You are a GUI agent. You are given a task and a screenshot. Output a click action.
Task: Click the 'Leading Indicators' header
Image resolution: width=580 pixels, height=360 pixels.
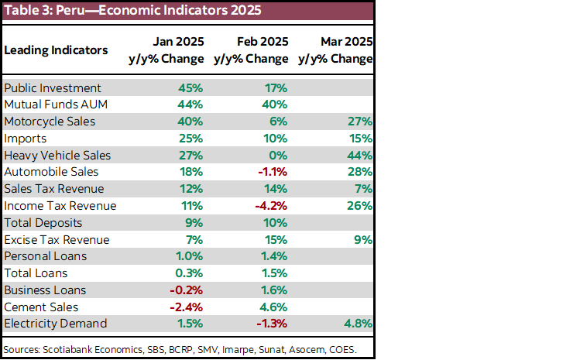click(x=56, y=50)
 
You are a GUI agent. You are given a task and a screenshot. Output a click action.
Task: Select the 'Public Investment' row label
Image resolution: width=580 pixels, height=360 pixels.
click(x=53, y=88)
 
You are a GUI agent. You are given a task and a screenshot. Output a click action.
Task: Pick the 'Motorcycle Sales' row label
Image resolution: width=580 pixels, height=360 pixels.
click(x=50, y=122)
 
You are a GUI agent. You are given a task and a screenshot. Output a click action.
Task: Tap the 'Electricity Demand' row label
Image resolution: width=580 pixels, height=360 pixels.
click(x=56, y=324)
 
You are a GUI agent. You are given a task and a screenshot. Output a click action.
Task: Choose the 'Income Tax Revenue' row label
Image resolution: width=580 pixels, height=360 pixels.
click(x=60, y=206)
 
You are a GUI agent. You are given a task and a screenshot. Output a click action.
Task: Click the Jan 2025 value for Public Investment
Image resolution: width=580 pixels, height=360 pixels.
click(x=190, y=88)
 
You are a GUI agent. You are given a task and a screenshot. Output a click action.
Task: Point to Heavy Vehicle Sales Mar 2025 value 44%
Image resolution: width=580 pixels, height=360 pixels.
click(x=360, y=156)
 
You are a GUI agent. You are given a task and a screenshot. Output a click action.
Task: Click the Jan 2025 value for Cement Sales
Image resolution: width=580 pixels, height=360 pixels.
click(x=186, y=307)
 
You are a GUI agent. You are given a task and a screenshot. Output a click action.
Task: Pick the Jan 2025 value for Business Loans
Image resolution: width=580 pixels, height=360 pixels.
click(x=186, y=290)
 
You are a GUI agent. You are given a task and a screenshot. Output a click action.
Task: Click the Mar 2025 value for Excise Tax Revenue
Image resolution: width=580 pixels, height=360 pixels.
click(x=363, y=240)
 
